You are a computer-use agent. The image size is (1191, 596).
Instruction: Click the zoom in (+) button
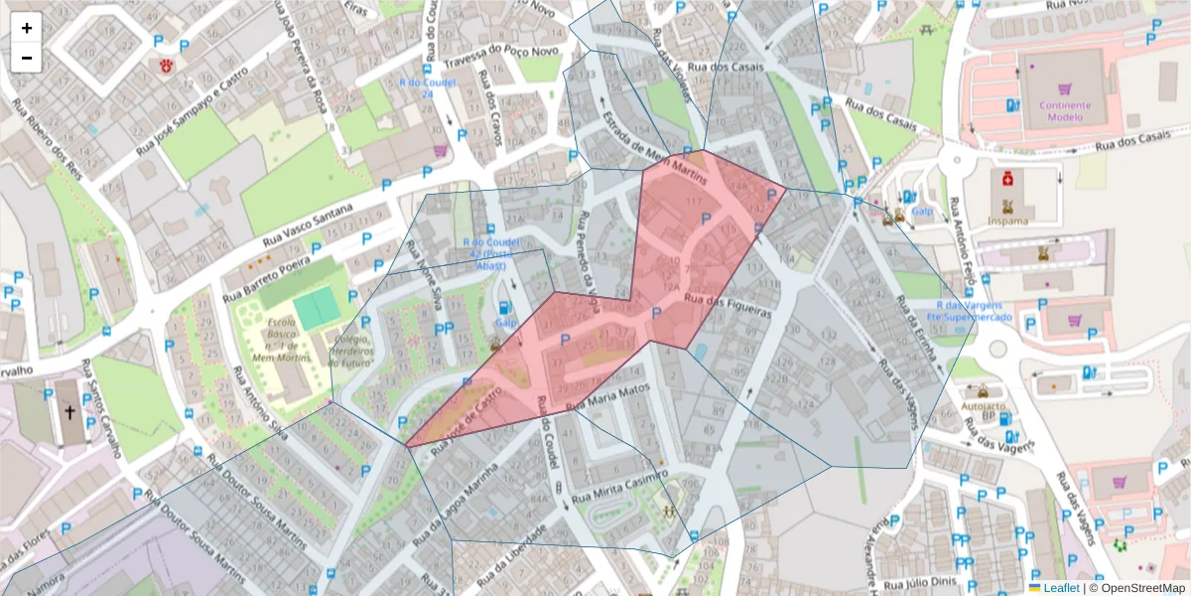click(27, 28)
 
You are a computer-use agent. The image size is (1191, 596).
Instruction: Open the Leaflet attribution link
click(1061, 587)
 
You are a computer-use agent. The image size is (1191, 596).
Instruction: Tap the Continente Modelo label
click(1065, 110)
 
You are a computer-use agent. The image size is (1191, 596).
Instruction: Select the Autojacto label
click(984, 406)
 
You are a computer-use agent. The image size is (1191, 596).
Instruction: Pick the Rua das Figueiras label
click(728, 305)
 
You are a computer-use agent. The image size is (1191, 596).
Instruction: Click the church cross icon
click(69, 410)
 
